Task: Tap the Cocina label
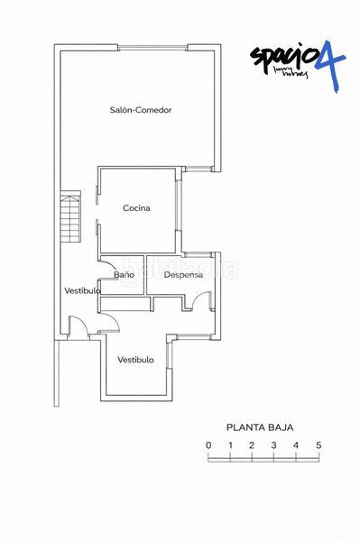[x=136, y=208]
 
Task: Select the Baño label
[x=124, y=274]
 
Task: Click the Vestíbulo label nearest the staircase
[x=81, y=290]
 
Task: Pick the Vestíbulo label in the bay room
[x=135, y=360]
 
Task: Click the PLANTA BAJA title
[x=260, y=428]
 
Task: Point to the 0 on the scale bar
[x=208, y=445]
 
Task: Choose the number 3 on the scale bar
[x=273, y=445]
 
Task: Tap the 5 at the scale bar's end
[x=318, y=445]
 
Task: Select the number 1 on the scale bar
[x=230, y=445]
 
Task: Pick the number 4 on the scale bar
[x=296, y=445]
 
